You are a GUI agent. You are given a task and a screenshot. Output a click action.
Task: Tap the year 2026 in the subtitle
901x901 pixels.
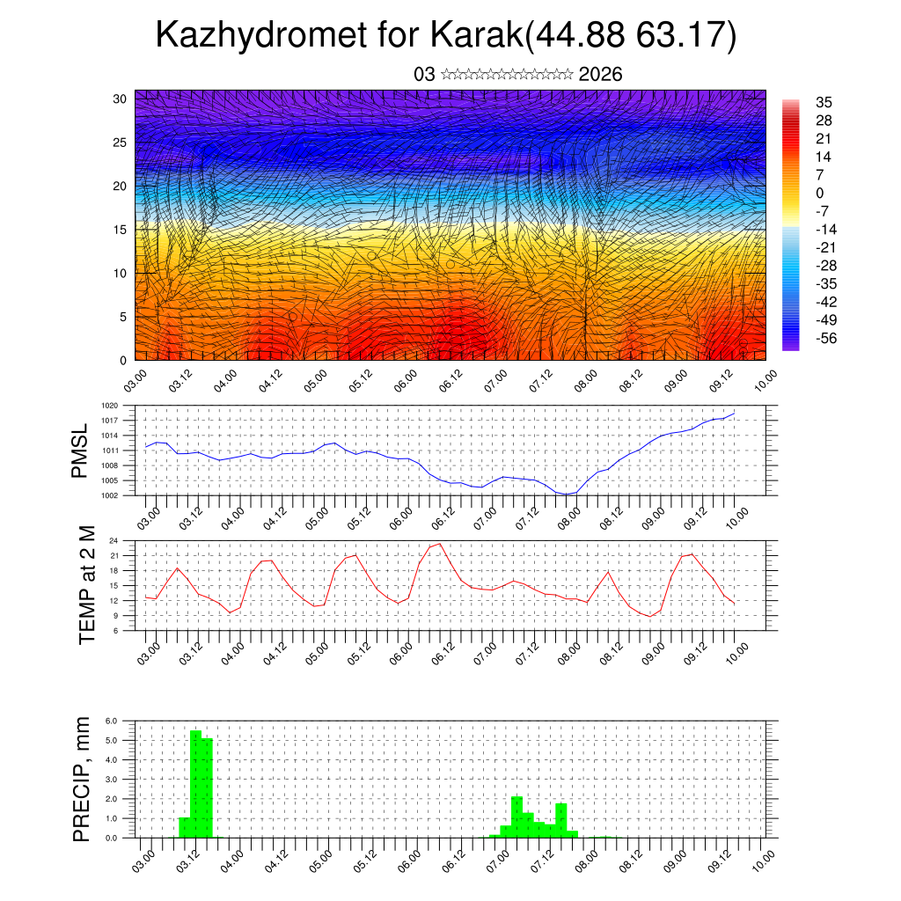pyautogui.click(x=601, y=75)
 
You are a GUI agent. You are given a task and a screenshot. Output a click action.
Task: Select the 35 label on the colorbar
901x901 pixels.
pyautogui.click(x=824, y=102)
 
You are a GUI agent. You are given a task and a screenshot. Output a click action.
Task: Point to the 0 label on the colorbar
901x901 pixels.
pyautogui.click(x=820, y=193)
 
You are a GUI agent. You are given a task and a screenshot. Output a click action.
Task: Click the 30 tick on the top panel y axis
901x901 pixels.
pyautogui.click(x=121, y=99)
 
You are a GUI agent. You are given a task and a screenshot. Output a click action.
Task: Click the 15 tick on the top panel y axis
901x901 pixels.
pyautogui.click(x=121, y=230)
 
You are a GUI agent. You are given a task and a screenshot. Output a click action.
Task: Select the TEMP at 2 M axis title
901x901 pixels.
pyautogui.click(x=86, y=585)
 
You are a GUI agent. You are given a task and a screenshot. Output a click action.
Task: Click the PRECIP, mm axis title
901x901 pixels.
pyautogui.click(x=82, y=779)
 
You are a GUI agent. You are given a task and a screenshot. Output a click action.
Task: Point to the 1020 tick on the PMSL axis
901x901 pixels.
pyautogui.click(x=109, y=406)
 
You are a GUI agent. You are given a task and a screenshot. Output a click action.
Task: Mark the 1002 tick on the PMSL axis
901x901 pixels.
pyautogui.click(x=109, y=495)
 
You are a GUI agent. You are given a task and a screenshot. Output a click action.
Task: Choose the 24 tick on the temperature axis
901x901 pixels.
pyautogui.click(x=114, y=540)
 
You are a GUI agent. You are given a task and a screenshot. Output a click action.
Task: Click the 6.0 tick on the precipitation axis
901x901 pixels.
pyautogui.click(x=112, y=721)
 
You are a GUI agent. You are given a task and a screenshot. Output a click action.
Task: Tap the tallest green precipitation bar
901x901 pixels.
pyautogui.click(x=195, y=783)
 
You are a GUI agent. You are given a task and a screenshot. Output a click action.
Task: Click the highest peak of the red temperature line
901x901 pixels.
pyautogui.click(x=439, y=544)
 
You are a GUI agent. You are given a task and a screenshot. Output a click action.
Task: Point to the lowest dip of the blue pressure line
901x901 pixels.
pyautogui.click(x=567, y=494)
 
